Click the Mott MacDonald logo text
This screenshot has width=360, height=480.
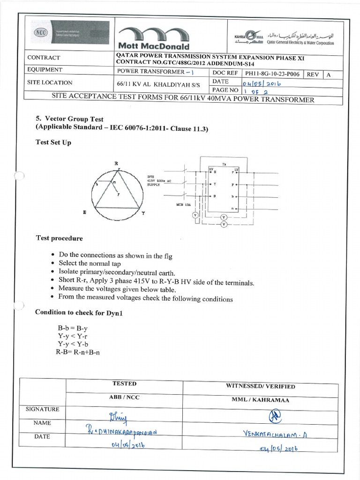[154, 46]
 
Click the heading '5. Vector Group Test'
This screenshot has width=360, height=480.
[70, 119]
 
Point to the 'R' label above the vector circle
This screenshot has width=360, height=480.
[116, 163]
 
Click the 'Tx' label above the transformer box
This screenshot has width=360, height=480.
[224, 165]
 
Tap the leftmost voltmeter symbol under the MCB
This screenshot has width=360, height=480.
[196, 215]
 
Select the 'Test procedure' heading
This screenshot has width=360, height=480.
[60, 238]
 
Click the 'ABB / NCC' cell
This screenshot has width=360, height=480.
[124, 397]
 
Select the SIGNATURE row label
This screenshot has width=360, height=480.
[43, 409]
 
